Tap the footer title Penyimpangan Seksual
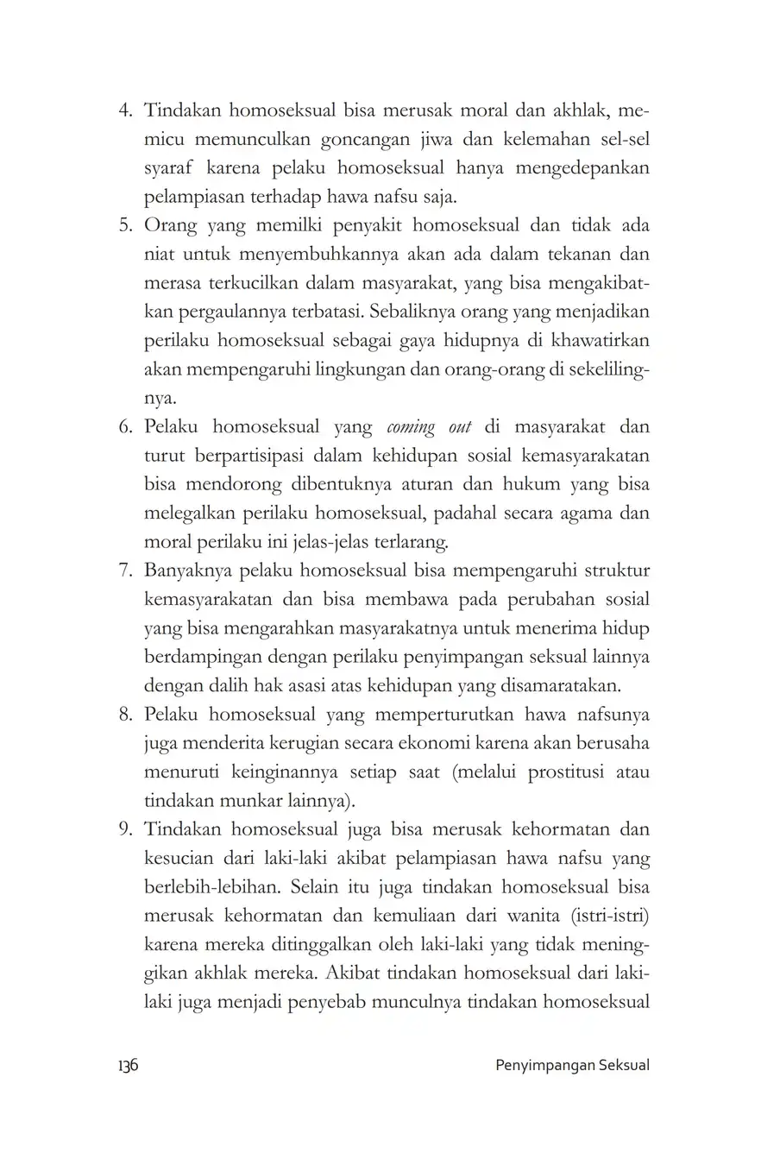pyautogui.click(x=573, y=1065)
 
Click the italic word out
pyautogui.click(x=460, y=427)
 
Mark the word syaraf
pyautogui.click(x=169, y=169)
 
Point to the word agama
pyautogui.click(x=588, y=514)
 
